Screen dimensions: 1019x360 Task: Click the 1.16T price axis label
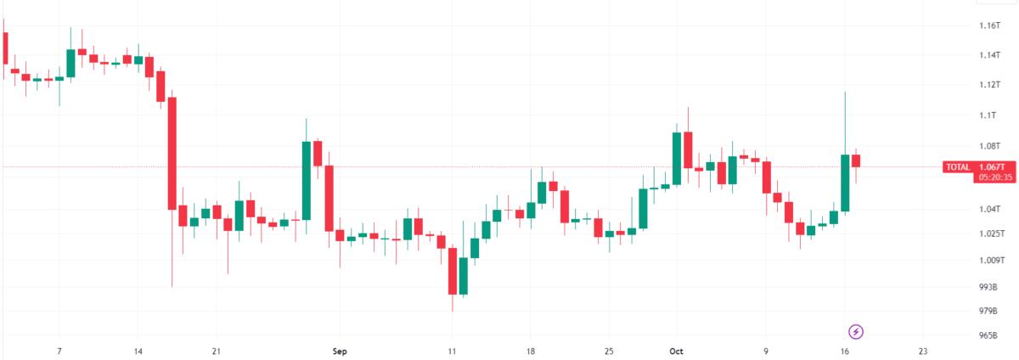(x=989, y=25)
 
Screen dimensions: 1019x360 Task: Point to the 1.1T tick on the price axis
(x=988, y=115)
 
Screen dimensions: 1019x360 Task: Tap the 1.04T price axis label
(x=989, y=209)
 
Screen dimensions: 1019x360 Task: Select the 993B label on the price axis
(x=988, y=287)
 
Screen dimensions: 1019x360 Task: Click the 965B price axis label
(x=988, y=335)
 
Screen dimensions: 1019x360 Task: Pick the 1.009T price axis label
(x=992, y=260)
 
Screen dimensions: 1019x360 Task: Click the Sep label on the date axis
(x=340, y=352)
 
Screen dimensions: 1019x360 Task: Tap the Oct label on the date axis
(x=676, y=352)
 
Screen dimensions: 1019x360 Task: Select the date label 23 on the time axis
(x=922, y=352)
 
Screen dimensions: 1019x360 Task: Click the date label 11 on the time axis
(x=451, y=352)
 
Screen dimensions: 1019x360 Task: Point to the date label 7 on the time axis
(x=59, y=352)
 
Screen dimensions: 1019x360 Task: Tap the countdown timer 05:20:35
(x=995, y=177)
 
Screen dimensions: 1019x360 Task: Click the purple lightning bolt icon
(x=856, y=332)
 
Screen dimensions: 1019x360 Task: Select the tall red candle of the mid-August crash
(x=172, y=154)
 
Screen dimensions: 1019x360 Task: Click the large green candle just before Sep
(x=307, y=181)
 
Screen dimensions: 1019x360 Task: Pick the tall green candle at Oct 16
(x=845, y=183)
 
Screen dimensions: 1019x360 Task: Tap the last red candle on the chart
(x=856, y=160)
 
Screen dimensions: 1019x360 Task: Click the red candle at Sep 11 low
(x=452, y=271)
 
